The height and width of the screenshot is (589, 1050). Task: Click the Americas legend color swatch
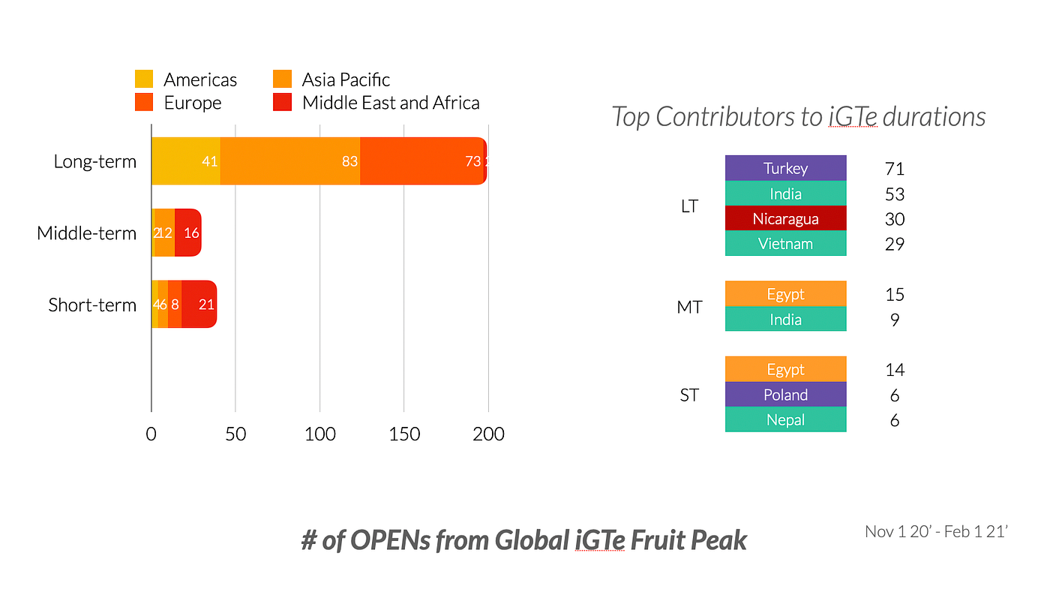(144, 79)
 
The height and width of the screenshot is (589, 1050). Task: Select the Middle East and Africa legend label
(391, 103)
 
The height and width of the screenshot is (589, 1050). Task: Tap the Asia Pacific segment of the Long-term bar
(290, 161)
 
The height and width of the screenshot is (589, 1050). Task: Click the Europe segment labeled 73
(422, 161)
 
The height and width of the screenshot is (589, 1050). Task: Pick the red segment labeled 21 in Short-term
(199, 305)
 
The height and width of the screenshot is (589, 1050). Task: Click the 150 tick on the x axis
(404, 434)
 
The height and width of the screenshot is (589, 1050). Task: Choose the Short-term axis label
(92, 305)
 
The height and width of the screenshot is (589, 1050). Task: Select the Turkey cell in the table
(785, 168)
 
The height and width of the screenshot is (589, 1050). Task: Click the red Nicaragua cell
(785, 219)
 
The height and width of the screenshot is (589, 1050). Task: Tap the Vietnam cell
(785, 244)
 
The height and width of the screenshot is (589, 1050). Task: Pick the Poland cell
(785, 395)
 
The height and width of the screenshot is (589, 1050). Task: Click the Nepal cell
(785, 419)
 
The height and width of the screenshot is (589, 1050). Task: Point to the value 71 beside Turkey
(895, 169)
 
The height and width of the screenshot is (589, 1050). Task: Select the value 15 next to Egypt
(895, 294)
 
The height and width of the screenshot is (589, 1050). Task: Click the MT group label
(689, 307)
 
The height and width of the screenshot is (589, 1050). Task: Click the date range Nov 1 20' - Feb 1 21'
(936, 532)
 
